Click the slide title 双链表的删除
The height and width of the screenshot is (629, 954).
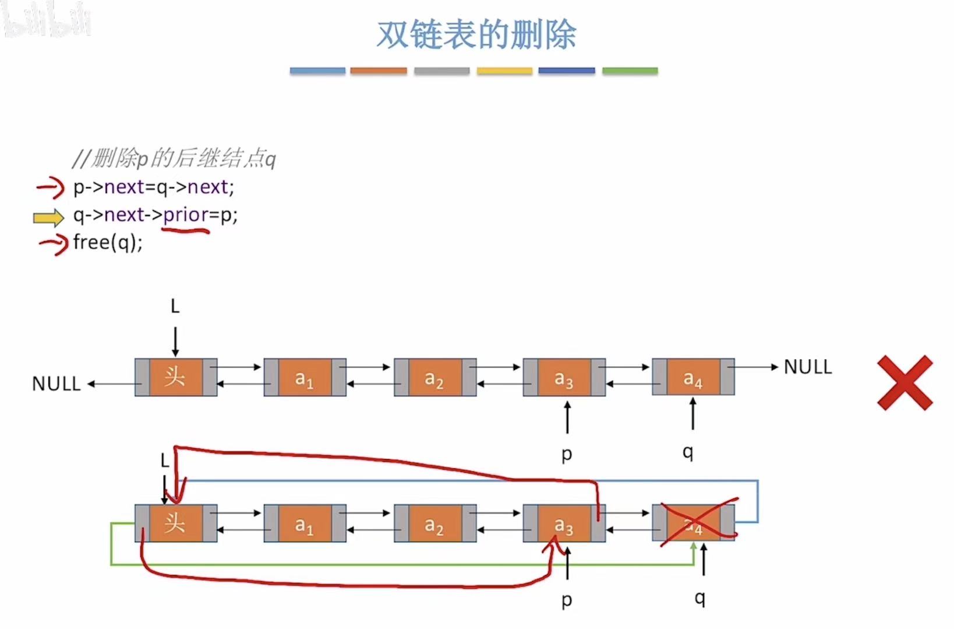tap(476, 35)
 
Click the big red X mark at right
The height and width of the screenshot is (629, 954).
tap(905, 383)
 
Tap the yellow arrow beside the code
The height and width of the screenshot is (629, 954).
tap(48, 217)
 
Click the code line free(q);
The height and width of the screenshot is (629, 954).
tap(108, 242)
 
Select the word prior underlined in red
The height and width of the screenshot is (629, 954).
tap(185, 215)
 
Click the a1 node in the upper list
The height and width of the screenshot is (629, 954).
tap(305, 378)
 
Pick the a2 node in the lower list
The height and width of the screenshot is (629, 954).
tap(434, 523)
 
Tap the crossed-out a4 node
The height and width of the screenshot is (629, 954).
tap(693, 523)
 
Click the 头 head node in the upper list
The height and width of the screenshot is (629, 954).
tap(175, 378)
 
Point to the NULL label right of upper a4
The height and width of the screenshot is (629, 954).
tap(808, 367)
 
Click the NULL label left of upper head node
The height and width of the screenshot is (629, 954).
tap(56, 384)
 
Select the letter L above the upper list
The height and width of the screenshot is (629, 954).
tap(175, 306)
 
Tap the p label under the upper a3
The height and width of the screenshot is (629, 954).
tap(567, 454)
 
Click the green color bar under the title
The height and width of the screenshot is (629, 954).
tap(630, 71)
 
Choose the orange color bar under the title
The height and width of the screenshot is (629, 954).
tap(379, 71)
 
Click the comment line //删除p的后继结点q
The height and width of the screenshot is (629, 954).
tap(174, 159)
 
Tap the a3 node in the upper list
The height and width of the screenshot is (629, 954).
tap(563, 378)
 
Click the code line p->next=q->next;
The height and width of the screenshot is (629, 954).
tap(153, 187)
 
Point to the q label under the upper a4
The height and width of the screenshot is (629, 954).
tap(688, 452)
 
